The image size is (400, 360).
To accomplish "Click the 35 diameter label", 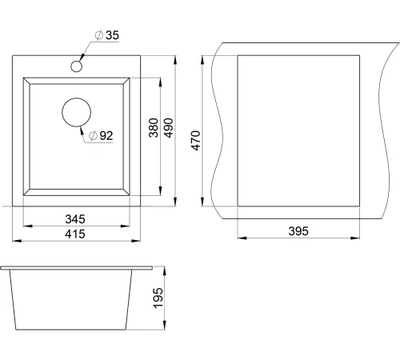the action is (106, 35).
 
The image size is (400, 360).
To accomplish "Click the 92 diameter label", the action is (101, 136).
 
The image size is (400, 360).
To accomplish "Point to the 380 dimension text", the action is (154, 128).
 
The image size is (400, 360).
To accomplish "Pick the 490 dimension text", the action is (168, 128).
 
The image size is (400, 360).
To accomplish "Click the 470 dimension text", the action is (195, 141).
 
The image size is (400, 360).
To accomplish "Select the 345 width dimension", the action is (75, 219).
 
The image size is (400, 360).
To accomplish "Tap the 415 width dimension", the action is (75, 234).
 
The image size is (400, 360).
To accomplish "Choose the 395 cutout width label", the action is (298, 231).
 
